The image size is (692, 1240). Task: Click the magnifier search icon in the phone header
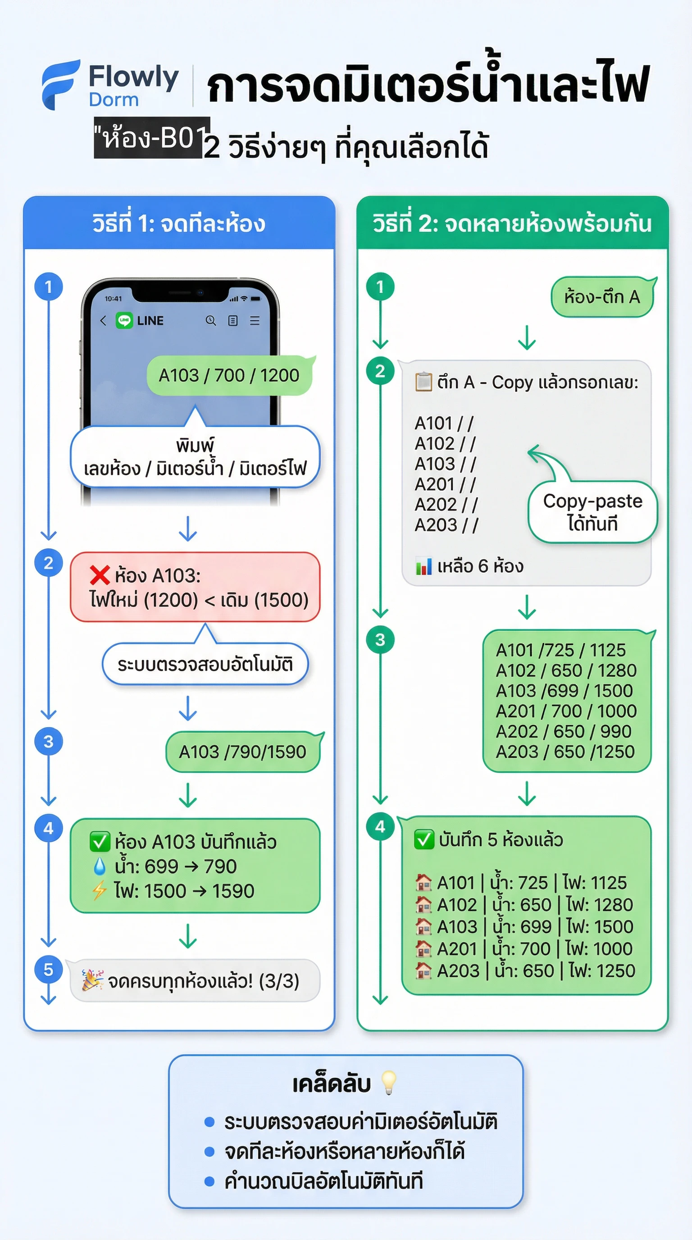coord(211,321)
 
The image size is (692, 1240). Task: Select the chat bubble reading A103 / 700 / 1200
coord(229,375)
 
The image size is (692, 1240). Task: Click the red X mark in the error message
coord(100,575)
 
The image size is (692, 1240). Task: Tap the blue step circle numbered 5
coord(48,969)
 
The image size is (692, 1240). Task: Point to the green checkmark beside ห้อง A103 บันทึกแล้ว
coord(100,841)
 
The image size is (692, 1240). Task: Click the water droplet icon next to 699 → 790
coord(100,866)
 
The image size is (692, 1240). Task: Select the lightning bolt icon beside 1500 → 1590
coord(100,890)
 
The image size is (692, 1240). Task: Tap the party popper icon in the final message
coord(92,980)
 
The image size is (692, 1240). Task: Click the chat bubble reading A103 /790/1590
coord(242,752)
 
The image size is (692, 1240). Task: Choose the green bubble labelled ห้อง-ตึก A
coord(602,296)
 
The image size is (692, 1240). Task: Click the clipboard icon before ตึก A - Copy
coord(423,382)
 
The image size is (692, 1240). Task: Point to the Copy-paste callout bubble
coord(592,512)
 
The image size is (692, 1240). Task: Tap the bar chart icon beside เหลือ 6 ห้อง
coord(423,566)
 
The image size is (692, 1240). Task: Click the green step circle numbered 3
coord(380,640)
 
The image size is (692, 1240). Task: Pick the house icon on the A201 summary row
coord(423,949)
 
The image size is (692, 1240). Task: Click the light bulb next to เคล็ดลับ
coord(388,1083)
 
